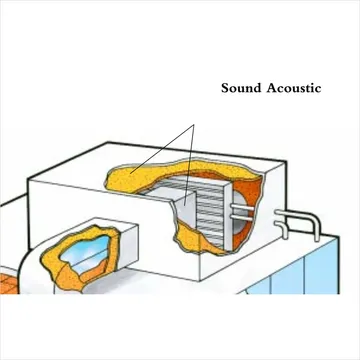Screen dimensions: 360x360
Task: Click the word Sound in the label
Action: pyautogui.click(x=241, y=88)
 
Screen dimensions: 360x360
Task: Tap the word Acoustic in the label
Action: pyautogui.click(x=294, y=88)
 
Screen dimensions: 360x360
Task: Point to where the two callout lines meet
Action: pyautogui.click(x=193, y=125)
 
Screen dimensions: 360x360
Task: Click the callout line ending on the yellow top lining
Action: pyautogui.click(x=162, y=149)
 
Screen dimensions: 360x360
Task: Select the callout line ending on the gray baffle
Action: pyautogui.click(x=189, y=164)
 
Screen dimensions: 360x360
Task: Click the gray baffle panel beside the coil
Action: pyautogui.click(x=186, y=209)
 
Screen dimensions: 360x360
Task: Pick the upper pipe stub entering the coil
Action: pyautogui.click(x=242, y=207)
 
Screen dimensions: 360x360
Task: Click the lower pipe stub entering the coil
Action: pyautogui.click(x=242, y=218)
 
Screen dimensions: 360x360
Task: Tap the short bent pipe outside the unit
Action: pyautogui.click(x=283, y=227)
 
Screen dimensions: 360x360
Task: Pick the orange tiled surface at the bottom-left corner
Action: pyautogui.click(x=9, y=283)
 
